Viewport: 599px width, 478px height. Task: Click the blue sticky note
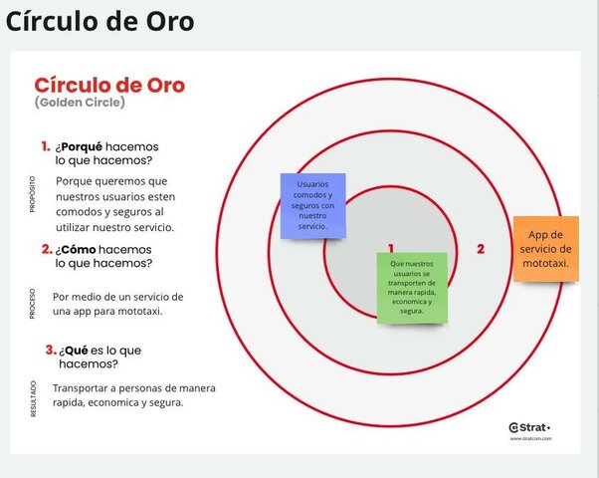pos(313,205)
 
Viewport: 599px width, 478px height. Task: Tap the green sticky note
pos(412,288)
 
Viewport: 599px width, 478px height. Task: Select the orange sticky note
pos(545,248)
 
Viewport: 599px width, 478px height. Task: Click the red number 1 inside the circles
pos(391,249)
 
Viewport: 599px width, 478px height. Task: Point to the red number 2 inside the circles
pos(480,249)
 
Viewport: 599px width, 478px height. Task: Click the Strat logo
pos(528,427)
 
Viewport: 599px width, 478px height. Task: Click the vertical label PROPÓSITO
pos(33,195)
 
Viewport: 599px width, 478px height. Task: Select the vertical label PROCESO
pos(33,304)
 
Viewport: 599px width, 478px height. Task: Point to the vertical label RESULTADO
pos(33,397)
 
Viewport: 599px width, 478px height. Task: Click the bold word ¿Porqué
pos(81,146)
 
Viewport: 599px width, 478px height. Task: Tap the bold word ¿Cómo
pos(76,249)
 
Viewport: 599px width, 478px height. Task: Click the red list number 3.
pos(50,350)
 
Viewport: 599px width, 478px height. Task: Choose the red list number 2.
pos(47,249)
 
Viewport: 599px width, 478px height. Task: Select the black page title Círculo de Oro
pos(100,21)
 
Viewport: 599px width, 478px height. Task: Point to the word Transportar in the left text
pos(83,387)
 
